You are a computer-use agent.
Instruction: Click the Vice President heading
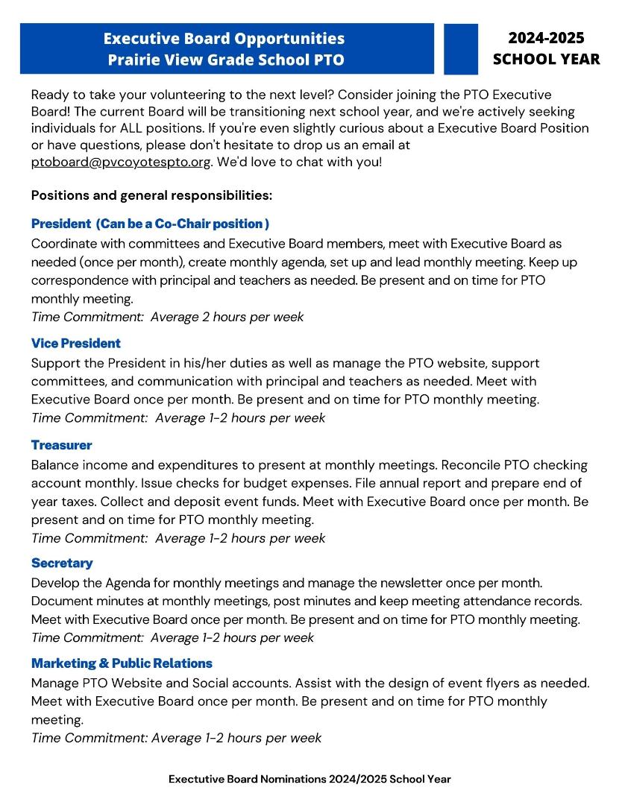tap(76, 344)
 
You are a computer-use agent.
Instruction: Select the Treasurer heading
tap(62, 445)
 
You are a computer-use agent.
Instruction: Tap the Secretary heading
tap(62, 563)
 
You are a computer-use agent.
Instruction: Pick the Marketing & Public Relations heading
tap(122, 663)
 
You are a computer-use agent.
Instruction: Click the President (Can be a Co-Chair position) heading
tap(150, 224)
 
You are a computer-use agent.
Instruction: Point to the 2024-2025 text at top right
tap(546, 38)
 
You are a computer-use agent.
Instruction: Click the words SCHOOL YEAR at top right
tap(546, 59)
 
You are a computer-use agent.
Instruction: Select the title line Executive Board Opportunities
tap(224, 38)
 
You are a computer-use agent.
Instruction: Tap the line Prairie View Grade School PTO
tap(226, 60)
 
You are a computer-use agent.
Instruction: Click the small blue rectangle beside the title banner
tap(460, 49)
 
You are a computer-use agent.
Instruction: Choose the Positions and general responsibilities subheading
tap(151, 195)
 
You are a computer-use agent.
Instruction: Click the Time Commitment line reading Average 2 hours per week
tap(168, 317)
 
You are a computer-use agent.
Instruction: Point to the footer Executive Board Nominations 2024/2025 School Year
tap(310, 779)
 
